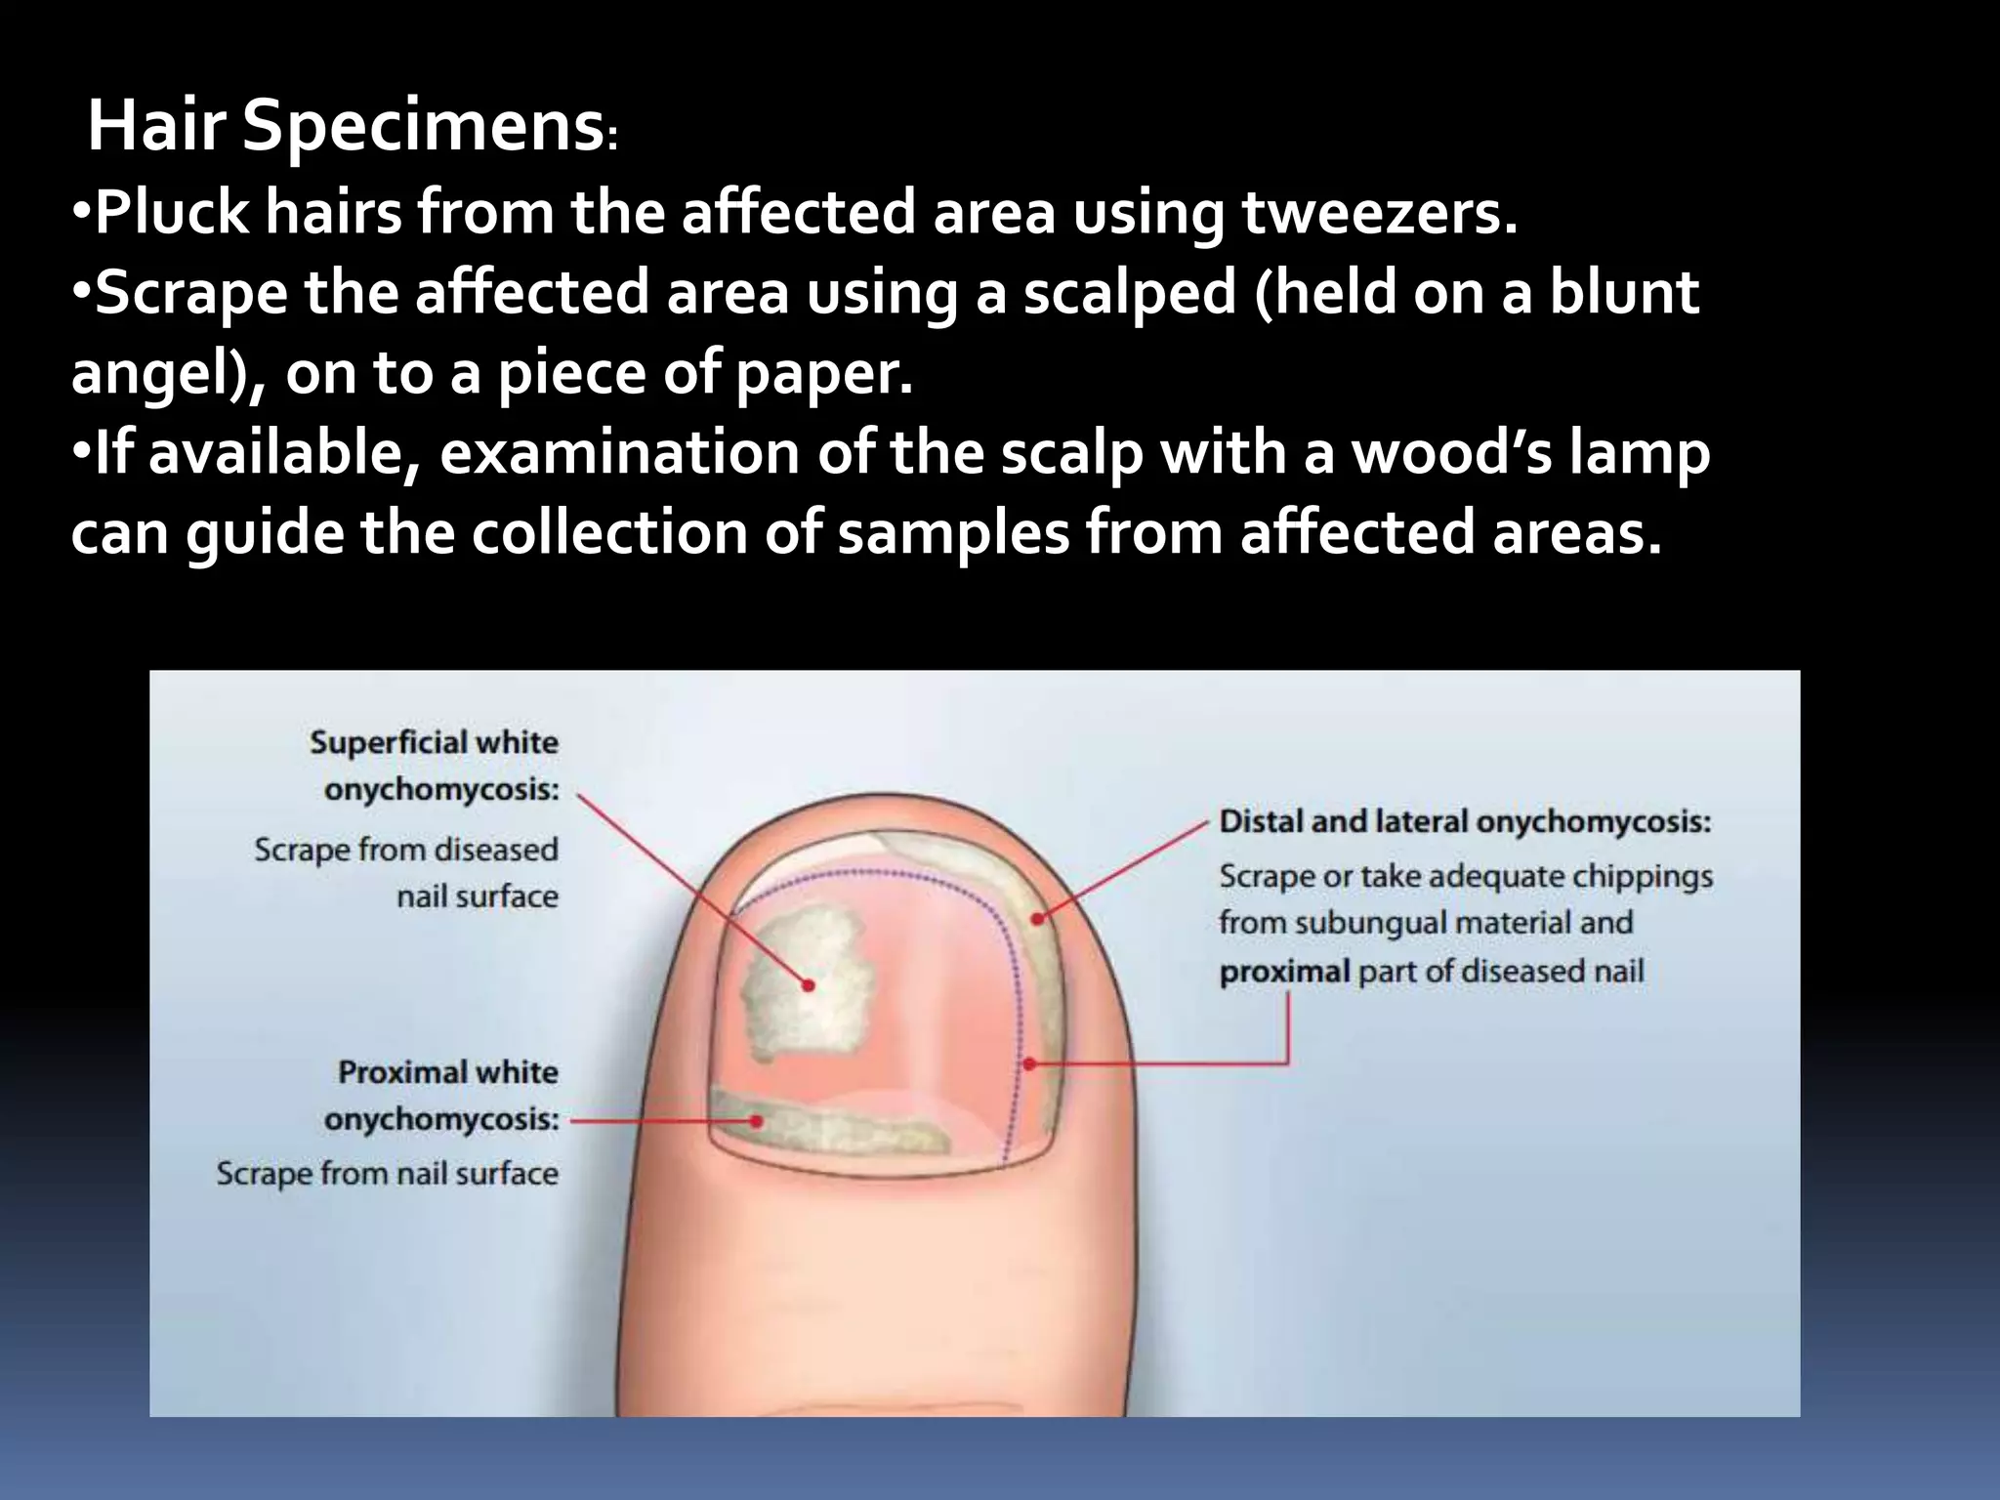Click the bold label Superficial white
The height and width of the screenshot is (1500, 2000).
point(434,743)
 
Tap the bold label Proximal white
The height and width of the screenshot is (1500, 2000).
point(448,1072)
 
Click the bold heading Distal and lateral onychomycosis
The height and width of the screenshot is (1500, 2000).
point(1465,822)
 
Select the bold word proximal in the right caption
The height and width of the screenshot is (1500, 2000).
point(1284,973)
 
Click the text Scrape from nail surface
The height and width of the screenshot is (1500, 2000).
point(387,1173)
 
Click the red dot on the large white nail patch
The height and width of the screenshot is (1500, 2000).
point(808,985)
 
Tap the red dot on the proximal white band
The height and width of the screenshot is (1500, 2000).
point(756,1122)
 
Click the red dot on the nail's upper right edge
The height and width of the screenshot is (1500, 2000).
point(1037,918)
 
